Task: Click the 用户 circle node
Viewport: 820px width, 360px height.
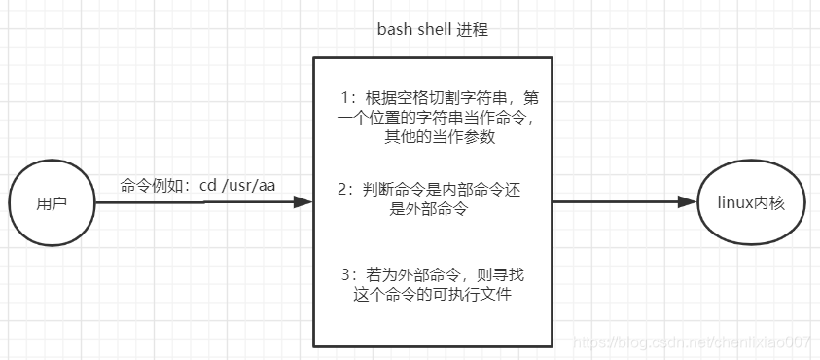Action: (52, 204)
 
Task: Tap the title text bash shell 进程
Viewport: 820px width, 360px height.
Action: (432, 30)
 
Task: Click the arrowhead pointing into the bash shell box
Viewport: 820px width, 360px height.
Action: (303, 202)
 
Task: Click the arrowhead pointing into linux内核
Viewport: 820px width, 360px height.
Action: (688, 202)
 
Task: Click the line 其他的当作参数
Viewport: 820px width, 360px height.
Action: (433, 137)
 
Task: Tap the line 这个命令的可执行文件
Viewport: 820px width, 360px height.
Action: (432, 295)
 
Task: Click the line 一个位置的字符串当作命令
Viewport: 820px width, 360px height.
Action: (433, 118)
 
